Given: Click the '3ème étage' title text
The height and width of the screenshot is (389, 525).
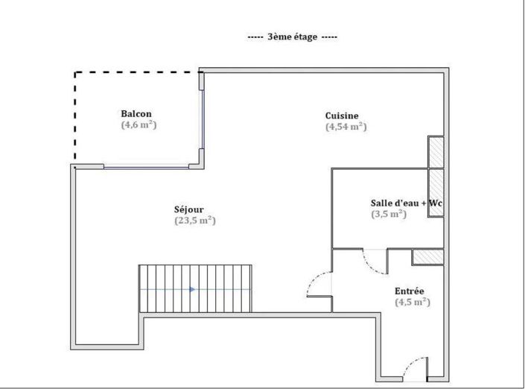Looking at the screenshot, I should (292, 36).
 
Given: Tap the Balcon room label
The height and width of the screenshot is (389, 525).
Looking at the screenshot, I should (136, 114).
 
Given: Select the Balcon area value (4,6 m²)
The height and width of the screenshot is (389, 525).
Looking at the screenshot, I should (139, 125).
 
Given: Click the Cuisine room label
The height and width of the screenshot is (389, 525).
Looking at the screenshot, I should (342, 116).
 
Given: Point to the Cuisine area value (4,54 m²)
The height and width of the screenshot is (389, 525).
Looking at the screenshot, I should (346, 127).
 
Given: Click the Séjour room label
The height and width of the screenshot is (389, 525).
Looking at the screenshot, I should (189, 209).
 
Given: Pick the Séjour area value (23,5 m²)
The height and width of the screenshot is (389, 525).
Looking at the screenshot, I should (194, 221).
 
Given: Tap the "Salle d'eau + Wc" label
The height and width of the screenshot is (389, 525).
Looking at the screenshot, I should (407, 203).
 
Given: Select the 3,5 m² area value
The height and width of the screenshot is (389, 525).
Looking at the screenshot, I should (388, 214).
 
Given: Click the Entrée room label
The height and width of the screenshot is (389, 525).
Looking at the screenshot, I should (410, 291).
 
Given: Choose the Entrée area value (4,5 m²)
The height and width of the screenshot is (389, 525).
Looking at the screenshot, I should (413, 302).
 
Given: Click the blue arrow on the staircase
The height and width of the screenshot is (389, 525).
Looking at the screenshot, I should (192, 288).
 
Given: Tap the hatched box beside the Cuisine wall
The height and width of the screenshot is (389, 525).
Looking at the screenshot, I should (436, 153).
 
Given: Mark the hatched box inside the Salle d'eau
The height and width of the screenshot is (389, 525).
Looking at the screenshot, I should (436, 193).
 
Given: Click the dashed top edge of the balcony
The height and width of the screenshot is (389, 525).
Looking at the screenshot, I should (138, 72).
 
